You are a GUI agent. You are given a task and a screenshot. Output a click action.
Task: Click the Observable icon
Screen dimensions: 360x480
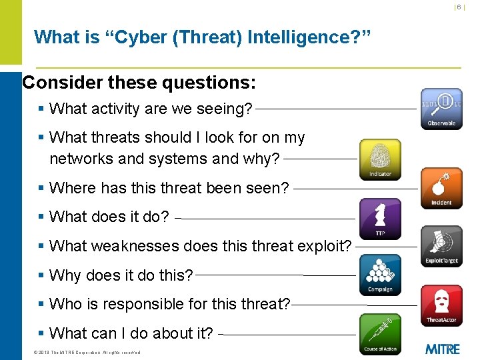[441, 109]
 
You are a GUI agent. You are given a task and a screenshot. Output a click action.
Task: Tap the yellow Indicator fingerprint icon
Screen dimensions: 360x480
[380, 159]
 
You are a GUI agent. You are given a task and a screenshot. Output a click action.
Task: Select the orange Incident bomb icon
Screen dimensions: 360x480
[441, 188]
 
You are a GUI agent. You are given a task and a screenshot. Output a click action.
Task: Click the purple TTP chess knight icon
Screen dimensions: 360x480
[380, 218]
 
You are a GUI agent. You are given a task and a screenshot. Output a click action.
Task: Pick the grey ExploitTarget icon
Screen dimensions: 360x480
[441, 245]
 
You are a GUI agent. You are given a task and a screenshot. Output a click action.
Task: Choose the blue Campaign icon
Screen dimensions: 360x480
[380, 274]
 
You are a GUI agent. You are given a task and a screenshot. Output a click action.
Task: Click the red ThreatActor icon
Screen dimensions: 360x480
[441, 305]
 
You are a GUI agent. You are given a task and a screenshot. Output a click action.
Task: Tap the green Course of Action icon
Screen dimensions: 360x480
[380, 333]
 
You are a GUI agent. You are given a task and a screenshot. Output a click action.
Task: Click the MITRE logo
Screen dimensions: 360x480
[442, 348]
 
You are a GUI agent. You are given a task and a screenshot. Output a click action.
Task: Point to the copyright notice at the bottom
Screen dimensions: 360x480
[87, 352]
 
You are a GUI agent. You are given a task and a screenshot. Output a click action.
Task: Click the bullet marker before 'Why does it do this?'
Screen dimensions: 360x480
[42, 275]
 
